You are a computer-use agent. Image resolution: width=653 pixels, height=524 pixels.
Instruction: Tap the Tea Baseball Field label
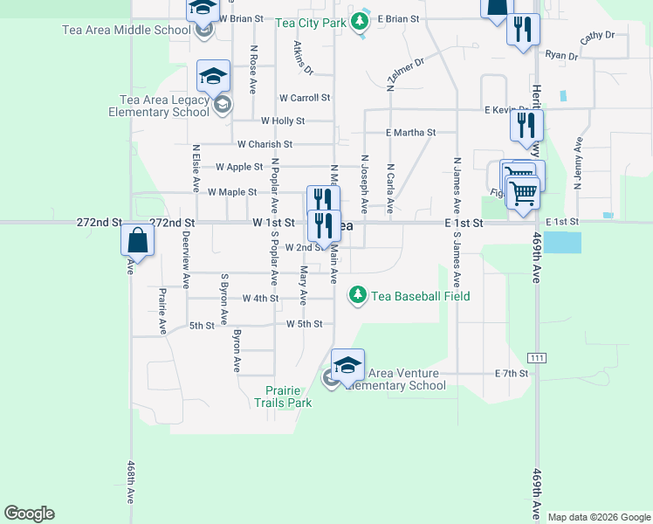(x=421, y=296)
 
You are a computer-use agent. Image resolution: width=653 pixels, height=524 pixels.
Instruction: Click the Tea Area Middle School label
(x=126, y=30)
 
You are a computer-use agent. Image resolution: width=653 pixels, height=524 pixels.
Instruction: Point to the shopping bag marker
(x=138, y=239)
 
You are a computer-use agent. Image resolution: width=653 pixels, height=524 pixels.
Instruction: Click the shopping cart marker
(x=522, y=192)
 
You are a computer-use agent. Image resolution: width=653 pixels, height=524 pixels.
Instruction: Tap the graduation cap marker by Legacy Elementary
(x=214, y=77)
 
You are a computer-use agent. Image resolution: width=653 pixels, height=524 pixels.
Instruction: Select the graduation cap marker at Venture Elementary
(x=347, y=366)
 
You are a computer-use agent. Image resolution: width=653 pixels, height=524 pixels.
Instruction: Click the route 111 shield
(x=536, y=358)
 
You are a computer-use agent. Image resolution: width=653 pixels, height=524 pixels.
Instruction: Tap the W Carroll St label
(x=305, y=99)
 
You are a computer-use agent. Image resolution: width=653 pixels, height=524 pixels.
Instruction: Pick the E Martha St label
(x=410, y=133)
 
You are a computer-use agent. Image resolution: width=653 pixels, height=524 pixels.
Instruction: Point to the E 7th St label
(x=512, y=374)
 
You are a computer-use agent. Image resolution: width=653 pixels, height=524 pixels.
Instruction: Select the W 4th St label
(x=260, y=299)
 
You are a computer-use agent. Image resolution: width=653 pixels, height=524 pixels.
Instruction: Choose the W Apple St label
(x=239, y=167)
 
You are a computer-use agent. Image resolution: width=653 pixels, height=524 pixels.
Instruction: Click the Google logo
(x=29, y=514)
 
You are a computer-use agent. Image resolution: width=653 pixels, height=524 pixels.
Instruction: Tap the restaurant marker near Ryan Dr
(x=523, y=30)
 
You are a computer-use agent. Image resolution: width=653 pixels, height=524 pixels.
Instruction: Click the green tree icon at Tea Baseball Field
(x=357, y=296)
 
